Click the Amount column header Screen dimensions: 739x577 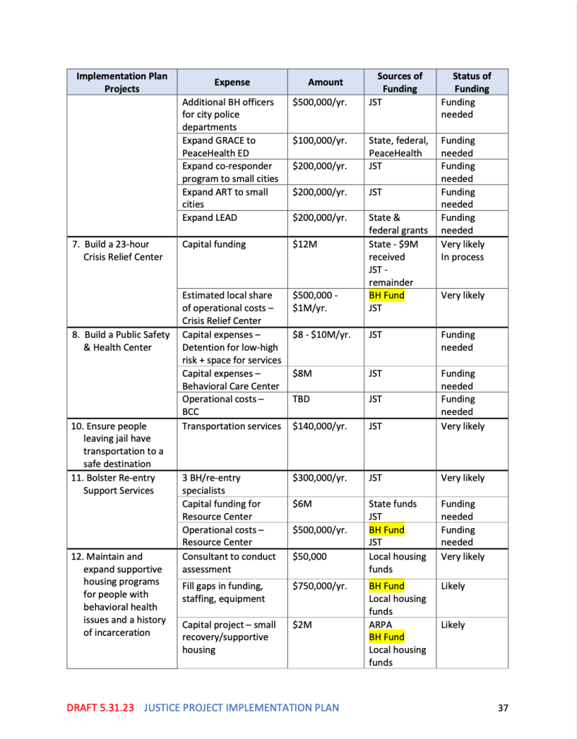pos(325,82)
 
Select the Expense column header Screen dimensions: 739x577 pos(232,82)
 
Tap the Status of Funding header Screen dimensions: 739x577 pos(472,82)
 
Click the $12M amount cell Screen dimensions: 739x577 pos(305,245)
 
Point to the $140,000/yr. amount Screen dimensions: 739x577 pos(320,427)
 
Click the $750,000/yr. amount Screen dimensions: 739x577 pos(320,587)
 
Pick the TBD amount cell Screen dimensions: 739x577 pos(303,399)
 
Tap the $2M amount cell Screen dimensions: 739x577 pos(302,625)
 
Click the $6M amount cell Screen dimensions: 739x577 pos(302,504)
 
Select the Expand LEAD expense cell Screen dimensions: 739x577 pos(209,218)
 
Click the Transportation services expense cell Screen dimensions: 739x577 pos(232,427)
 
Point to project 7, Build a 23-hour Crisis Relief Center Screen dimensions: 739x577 pos(120,250)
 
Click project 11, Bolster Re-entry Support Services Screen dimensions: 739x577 pos(115,484)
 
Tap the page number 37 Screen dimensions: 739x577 pos(503,708)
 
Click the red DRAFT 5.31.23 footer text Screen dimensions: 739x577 pos(100,708)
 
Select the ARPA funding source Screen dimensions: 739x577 pos(382,625)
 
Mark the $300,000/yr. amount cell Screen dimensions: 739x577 pos(320,478)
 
